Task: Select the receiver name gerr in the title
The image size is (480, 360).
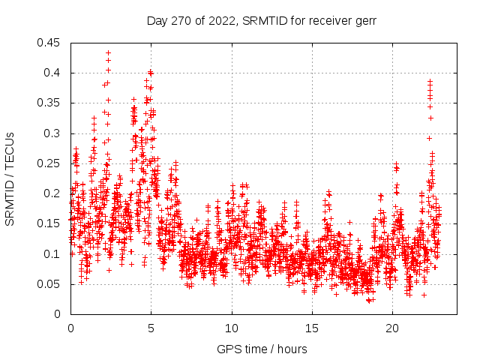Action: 362,20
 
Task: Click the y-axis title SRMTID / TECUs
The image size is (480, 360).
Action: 10,178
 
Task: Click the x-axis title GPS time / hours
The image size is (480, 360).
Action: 261,349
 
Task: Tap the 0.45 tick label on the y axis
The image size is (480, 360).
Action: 49,43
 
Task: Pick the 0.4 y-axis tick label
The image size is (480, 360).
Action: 52,73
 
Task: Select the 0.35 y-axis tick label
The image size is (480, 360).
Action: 49,103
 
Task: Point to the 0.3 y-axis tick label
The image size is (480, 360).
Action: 52,133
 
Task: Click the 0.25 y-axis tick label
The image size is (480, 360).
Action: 49,163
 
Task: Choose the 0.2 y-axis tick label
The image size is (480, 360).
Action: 52,193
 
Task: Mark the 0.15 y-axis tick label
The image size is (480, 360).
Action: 49,223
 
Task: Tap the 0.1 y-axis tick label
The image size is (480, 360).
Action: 52,254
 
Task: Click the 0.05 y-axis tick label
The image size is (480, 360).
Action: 49,284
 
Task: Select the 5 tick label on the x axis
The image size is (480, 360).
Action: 151,328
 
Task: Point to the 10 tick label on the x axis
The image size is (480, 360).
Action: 232,328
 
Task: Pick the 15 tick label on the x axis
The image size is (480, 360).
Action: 312,328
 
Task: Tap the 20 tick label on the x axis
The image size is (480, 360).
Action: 392,328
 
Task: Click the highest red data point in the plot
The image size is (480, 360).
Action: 108,53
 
